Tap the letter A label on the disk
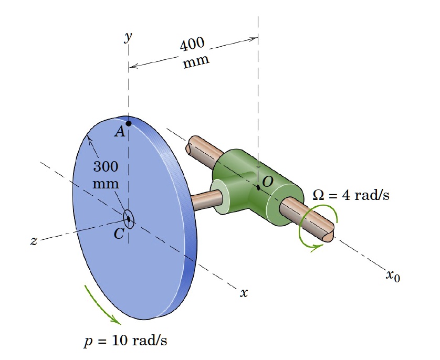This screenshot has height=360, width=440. [x=120, y=132]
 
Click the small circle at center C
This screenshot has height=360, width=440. [x=129, y=218]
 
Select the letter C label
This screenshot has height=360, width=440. [x=119, y=234]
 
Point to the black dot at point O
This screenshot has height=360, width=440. [x=258, y=187]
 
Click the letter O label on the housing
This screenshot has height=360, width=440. [x=267, y=182]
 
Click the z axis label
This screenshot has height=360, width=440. [x=34, y=241]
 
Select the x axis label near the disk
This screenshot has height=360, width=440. [x=243, y=293]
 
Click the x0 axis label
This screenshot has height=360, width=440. [x=393, y=275]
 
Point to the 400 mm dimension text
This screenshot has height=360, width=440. [x=194, y=53]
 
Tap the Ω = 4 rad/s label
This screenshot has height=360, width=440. [x=351, y=195]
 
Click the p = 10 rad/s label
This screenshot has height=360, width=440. [x=126, y=341]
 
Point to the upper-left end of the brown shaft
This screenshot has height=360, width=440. [x=195, y=143]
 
